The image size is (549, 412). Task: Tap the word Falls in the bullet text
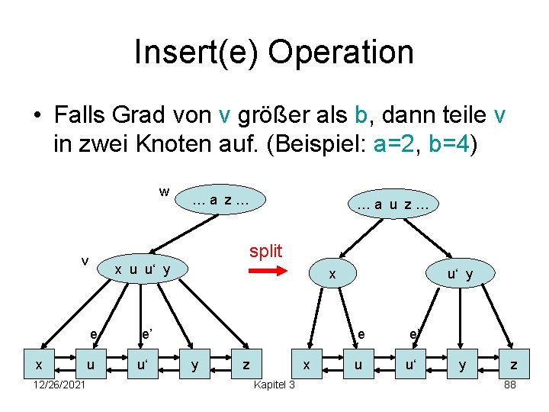(80, 116)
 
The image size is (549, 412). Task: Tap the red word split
(265, 251)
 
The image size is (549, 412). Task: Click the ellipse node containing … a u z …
(392, 204)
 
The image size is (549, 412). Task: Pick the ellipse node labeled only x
(331, 273)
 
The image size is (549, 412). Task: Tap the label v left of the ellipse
(85, 260)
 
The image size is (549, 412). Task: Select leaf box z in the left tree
(246, 366)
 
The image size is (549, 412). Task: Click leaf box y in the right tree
(461, 366)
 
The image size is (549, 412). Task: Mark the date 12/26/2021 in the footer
(59, 385)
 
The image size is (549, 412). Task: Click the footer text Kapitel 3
(274, 385)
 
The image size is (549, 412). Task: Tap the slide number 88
(510, 385)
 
